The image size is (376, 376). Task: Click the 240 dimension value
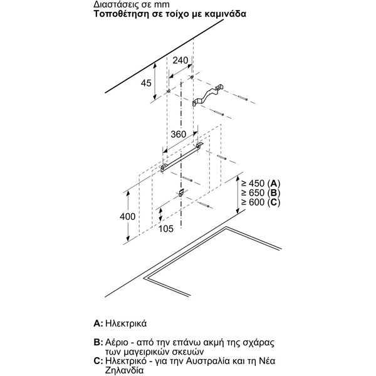pos(180,60)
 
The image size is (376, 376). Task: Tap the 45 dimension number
pos(146,83)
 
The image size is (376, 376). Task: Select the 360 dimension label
pos(179,134)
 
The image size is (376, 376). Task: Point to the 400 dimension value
pos(128,217)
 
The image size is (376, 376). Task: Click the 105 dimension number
pos(165,229)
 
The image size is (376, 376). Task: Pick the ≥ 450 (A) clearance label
pos(261,184)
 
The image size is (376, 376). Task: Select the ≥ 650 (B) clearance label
pos(261,193)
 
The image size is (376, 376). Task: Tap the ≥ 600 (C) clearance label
pos(261,202)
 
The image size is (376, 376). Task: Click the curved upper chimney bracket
pos(207,95)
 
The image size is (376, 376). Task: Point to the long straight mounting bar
pos(182,157)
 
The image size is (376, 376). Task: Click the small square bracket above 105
pos(181,192)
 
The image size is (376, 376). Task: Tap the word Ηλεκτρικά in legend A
pos(126,323)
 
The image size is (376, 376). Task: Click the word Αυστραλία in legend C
pos(207,361)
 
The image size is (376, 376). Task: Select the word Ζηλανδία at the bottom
pos(125,370)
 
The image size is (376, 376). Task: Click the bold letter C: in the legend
pos(98,361)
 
